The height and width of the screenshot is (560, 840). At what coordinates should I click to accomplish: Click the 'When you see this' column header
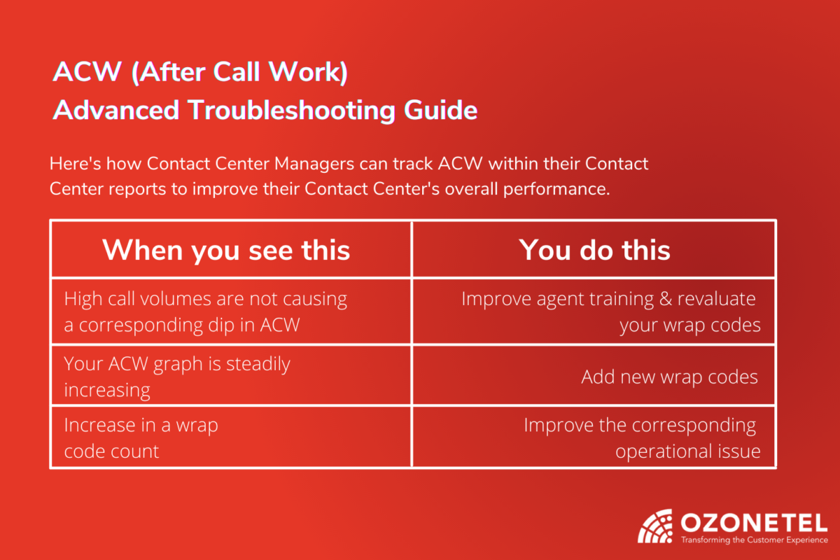click(x=226, y=250)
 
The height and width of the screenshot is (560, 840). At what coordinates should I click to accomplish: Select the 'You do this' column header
click(x=594, y=250)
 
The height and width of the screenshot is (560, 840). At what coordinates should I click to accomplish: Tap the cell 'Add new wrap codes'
click(x=669, y=377)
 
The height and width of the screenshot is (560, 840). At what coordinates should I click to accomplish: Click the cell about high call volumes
click(x=205, y=311)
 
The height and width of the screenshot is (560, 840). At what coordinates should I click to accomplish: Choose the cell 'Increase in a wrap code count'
click(x=141, y=438)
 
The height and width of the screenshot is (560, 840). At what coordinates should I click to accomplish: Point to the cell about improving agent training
click(x=610, y=311)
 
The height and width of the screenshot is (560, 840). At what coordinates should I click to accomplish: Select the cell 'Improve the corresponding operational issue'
click(x=641, y=438)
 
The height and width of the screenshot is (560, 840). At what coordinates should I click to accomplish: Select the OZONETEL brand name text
click(x=753, y=522)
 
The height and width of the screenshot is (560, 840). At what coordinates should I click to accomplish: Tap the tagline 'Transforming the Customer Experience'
click(x=754, y=540)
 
